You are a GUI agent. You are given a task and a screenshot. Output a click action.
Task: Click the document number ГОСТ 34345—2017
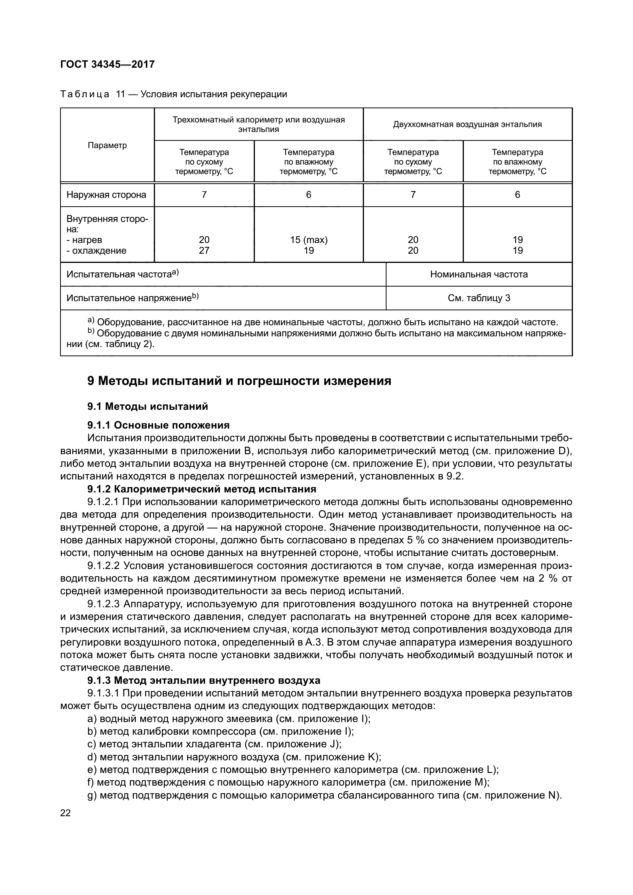point(107,64)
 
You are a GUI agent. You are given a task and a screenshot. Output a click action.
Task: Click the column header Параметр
point(107,145)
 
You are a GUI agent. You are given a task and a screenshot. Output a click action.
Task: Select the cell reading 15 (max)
point(308,240)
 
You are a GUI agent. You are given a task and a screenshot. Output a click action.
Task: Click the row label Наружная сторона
point(106,194)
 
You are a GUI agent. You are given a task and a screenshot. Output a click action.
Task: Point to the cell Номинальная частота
point(479,274)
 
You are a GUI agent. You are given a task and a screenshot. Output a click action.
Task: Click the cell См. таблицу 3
point(479,298)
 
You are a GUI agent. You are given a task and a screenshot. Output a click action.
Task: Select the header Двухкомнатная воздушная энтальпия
point(467,124)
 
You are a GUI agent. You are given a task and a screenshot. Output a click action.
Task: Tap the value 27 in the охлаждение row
point(204,250)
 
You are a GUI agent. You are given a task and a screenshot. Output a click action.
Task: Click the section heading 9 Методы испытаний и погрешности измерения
point(239,380)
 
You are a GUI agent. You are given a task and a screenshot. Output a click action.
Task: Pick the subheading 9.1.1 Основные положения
point(158,424)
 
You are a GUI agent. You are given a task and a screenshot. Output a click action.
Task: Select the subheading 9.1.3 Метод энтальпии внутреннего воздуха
point(204,680)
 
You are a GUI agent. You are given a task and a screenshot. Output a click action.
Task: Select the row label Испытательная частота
point(122,274)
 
